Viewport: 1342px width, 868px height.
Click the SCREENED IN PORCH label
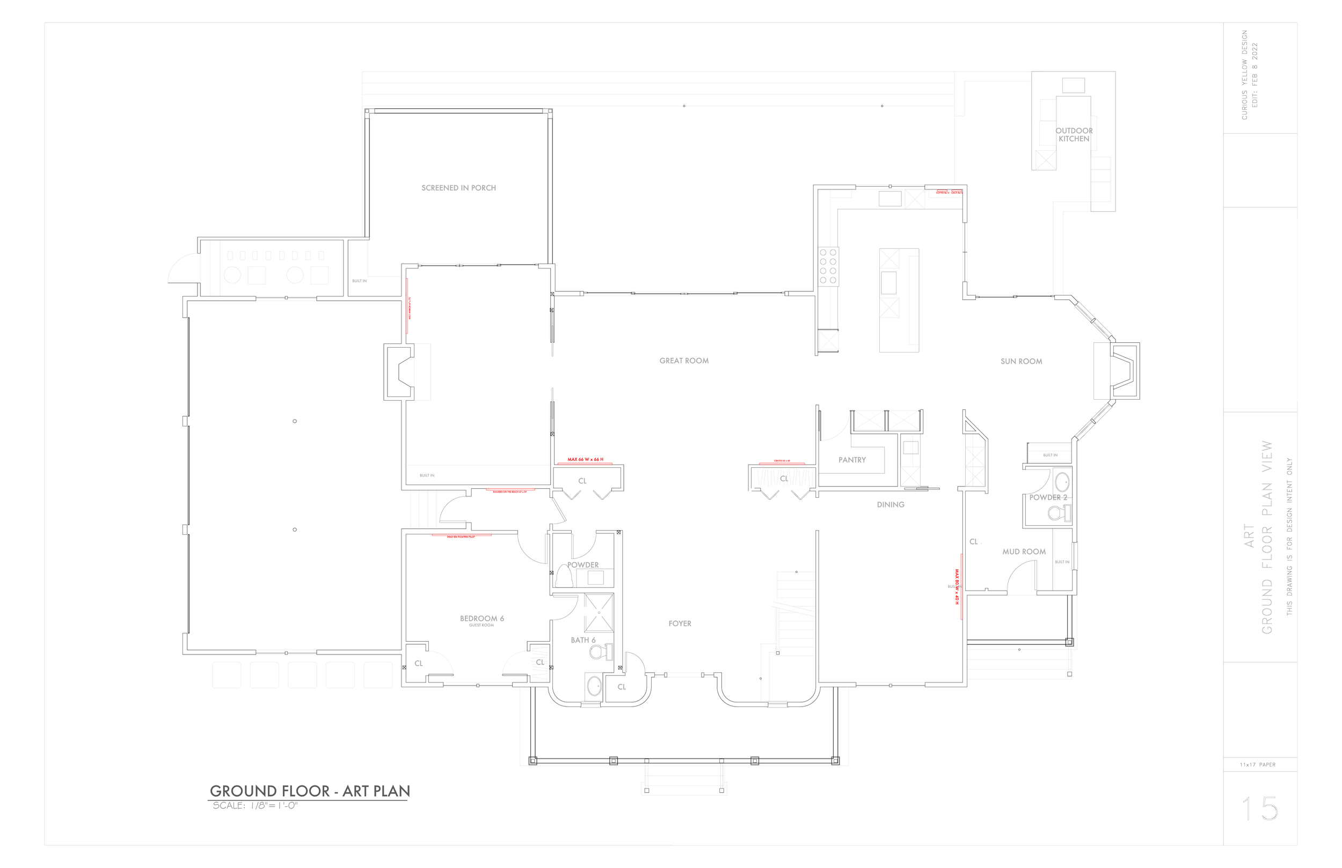click(x=458, y=188)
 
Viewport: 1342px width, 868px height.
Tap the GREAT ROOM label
click(x=684, y=361)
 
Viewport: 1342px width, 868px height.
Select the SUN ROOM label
click(x=1021, y=361)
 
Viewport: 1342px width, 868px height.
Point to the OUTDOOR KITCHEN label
click(x=1074, y=135)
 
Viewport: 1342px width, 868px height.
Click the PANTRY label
click(x=852, y=460)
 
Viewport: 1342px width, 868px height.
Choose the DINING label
click(x=891, y=504)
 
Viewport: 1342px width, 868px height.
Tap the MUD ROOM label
click(x=1024, y=552)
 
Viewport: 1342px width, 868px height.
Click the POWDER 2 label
click(x=1048, y=497)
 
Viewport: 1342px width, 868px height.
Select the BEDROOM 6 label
click(x=482, y=619)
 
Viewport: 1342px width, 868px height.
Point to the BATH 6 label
click(x=583, y=639)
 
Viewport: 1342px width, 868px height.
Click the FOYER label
click(x=680, y=623)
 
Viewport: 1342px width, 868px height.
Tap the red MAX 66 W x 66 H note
click(x=585, y=459)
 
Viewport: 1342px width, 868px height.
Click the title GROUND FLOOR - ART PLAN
click(x=310, y=791)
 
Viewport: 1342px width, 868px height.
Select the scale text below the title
click(x=255, y=805)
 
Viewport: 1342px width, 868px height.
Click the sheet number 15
click(x=1260, y=809)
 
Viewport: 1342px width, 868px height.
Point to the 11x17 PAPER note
click(x=1257, y=764)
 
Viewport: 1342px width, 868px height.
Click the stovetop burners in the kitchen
click(x=828, y=267)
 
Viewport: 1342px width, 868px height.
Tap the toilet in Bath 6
click(x=600, y=652)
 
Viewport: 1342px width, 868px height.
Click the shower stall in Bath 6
click(x=598, y=612)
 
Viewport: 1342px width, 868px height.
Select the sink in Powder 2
click(x=1062, y=482)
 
